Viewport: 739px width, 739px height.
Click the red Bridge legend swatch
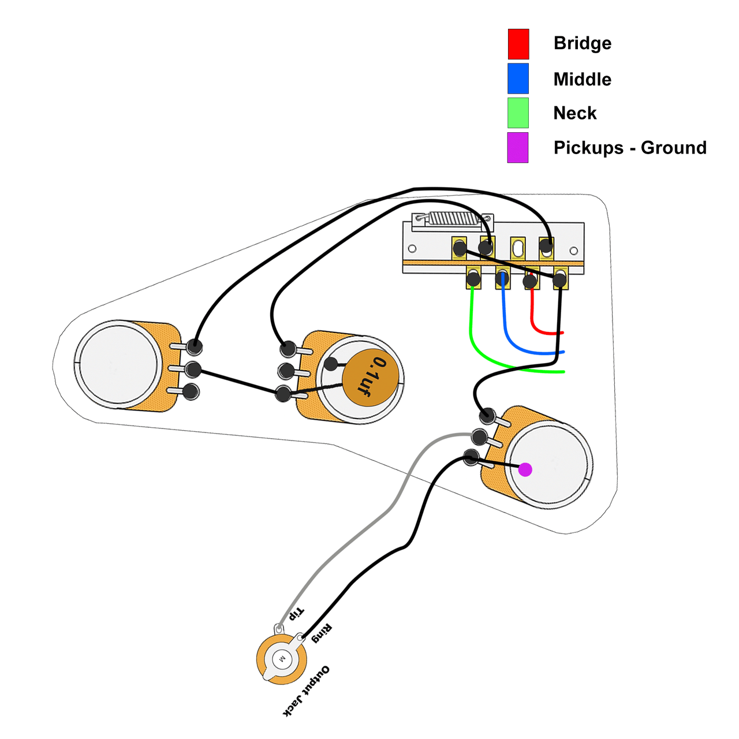(x=518, y=44)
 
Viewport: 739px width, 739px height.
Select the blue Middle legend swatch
(x=518, y=79)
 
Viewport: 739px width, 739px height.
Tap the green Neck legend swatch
(x=518, y=113)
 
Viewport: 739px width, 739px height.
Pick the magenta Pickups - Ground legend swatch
(x=517, y=147)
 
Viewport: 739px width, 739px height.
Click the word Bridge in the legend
(x=582, y=43)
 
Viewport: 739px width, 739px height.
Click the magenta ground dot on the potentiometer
(x=525, y=469)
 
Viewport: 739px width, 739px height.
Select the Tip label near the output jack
(x=296, y=613)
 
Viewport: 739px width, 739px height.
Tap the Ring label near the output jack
(x=322, y=633)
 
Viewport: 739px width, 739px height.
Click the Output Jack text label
(x=306, y=691)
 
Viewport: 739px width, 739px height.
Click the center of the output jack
(x=282, y=659)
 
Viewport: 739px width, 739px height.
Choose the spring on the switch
(x=453, y=218)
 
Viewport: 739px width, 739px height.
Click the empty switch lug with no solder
(x=518, y=248)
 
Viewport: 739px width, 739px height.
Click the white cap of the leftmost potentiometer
(x=119, y=364)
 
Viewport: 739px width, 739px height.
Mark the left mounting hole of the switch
(x=412, y=249)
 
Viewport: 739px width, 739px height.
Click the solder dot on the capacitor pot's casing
(x=331, y=364)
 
